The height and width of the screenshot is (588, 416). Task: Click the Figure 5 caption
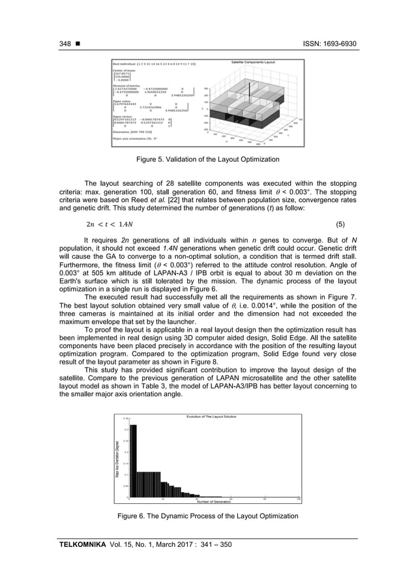tap(207, 160)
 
